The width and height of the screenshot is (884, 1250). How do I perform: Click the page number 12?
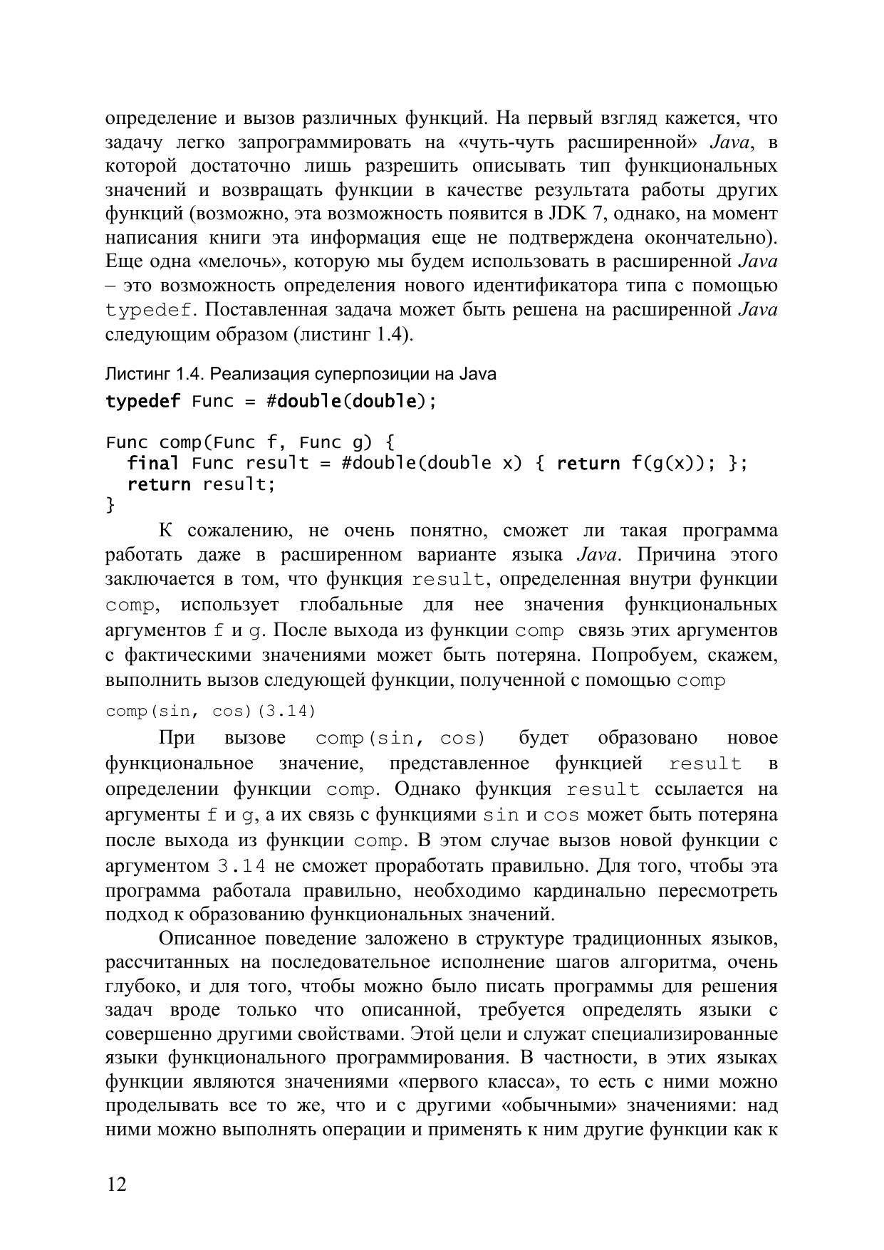(117, 1184)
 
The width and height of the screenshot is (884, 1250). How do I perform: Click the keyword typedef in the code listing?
(143, 402)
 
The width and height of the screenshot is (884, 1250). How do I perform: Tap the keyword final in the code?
(153, 464)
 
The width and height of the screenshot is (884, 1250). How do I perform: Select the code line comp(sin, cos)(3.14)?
(211, 711)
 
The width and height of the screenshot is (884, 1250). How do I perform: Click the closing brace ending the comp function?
(110, 505)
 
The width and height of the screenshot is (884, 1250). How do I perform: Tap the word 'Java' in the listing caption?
(478, 375)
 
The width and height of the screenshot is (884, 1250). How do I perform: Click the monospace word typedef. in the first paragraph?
(151, 311)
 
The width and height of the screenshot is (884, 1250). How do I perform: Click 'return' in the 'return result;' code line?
(159, 485)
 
